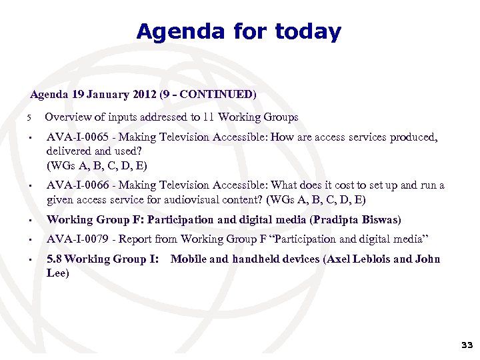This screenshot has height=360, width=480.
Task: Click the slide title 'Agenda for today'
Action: pos(239,31)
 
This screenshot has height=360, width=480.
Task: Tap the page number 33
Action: pos(466,345)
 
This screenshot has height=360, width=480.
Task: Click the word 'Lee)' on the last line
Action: pos(58,273)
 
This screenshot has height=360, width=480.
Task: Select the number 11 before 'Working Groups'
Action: pos(209,117)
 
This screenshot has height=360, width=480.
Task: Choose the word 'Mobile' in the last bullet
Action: pos(189,259)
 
